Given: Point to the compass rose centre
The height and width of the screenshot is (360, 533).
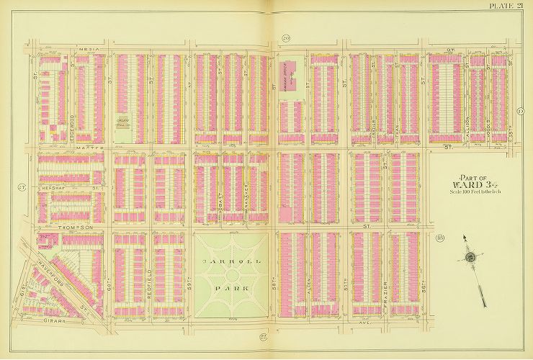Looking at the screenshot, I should click(470, 257).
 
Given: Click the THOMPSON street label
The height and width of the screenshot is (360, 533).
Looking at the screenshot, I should click(78, 227).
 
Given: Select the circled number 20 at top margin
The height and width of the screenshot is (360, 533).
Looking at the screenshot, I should click(285, 38).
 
